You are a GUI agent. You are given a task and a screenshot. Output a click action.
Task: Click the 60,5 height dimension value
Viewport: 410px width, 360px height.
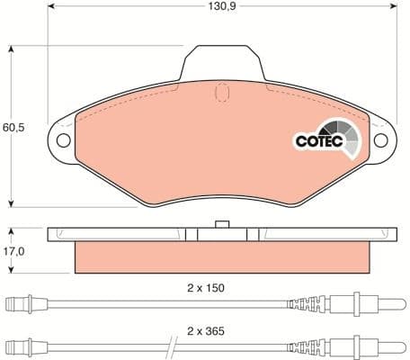[x=14, y=128]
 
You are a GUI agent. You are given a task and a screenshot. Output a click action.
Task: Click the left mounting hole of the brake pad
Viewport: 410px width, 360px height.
[x=63, y=140]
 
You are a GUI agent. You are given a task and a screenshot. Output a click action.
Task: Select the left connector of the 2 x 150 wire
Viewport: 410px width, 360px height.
[x=22, y=303]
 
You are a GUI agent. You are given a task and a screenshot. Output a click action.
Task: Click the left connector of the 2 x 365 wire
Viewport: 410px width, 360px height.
[x=22, y=346]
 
